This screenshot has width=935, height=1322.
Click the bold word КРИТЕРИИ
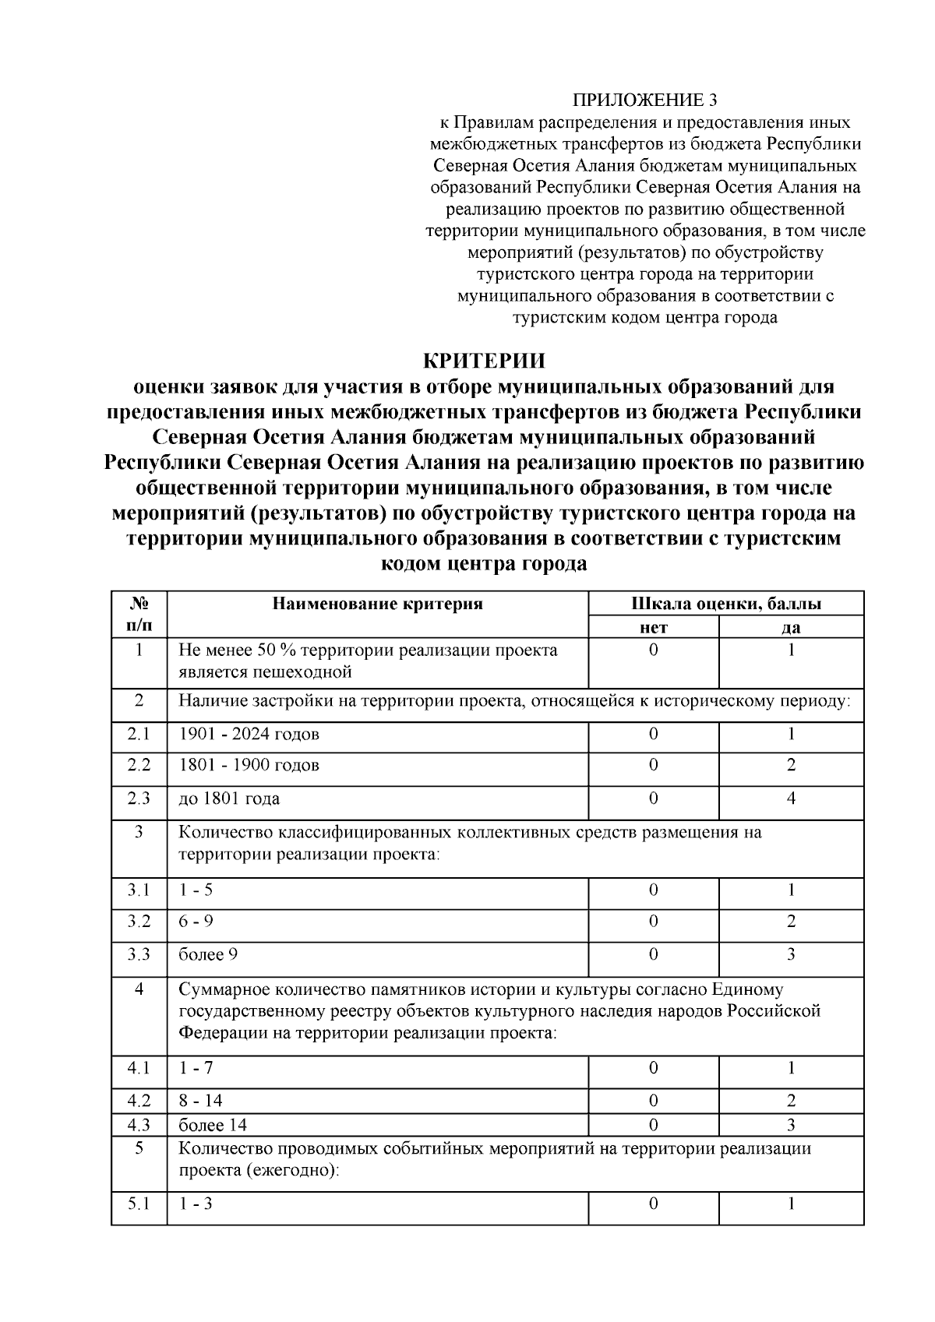tap(483, 361)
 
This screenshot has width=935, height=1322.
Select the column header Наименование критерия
tap(377, 604)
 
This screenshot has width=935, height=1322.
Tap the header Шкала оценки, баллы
tap(725, 604)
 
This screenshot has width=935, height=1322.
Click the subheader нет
tap(653, 627)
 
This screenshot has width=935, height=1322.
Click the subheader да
tap(791, 627)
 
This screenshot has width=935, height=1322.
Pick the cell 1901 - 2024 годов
tap(249, 734)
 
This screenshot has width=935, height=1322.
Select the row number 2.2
tap(139, 765)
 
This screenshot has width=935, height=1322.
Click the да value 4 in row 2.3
tap(791, 798)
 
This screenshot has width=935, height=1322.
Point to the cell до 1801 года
tap(229, 798)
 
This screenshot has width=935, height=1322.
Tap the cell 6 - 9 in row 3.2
tap(196, 922)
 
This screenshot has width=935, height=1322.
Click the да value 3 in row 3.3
tap(791, 954)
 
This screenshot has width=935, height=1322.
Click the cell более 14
tap(213, 1125)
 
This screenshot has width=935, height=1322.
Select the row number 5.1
tap(139, 1204)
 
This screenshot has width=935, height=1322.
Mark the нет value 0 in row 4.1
tap(653, 1068)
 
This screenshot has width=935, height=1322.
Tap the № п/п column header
tap(139, 615)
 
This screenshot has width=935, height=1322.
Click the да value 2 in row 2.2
tap(791, 765)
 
